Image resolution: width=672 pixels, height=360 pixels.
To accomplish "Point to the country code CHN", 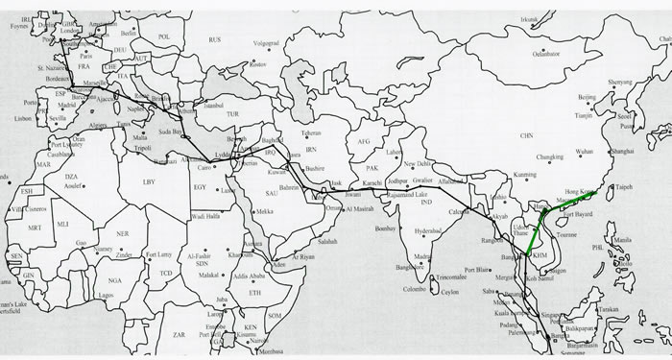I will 525,136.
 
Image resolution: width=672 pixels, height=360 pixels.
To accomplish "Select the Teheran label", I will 310,132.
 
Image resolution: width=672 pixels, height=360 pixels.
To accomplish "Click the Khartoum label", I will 241,254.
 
